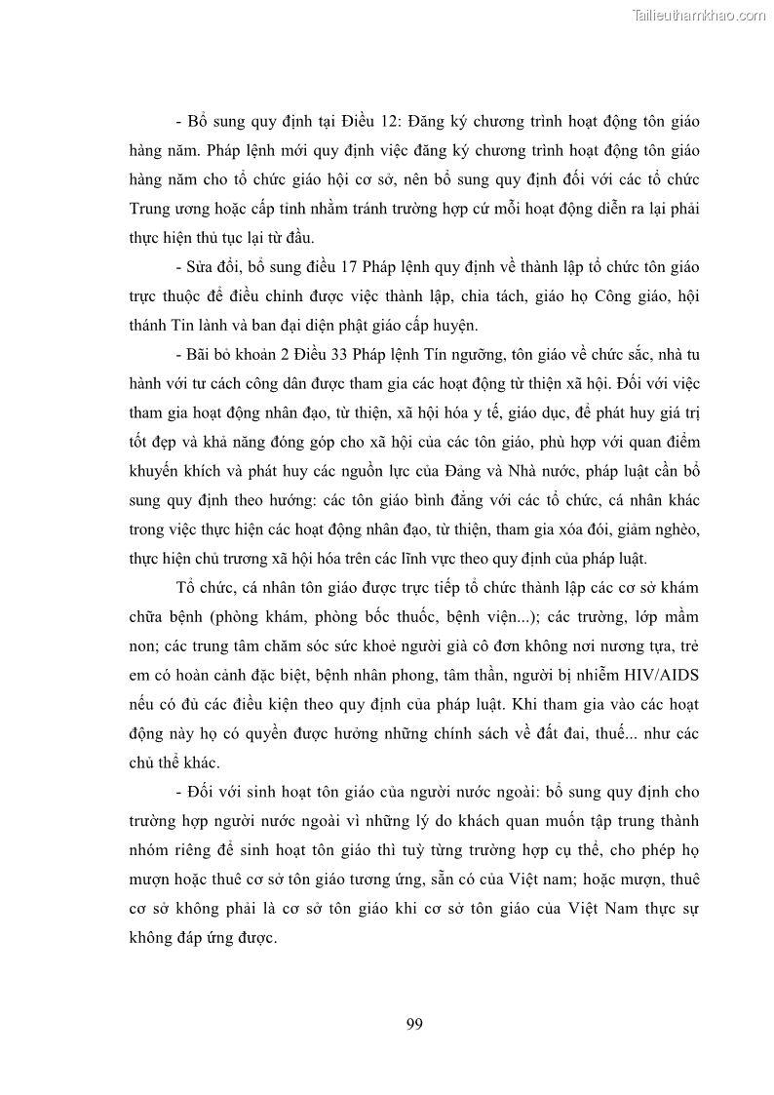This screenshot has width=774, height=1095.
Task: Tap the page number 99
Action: (x=413, y=1023)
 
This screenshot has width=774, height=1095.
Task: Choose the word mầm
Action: (x=679, y=617)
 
